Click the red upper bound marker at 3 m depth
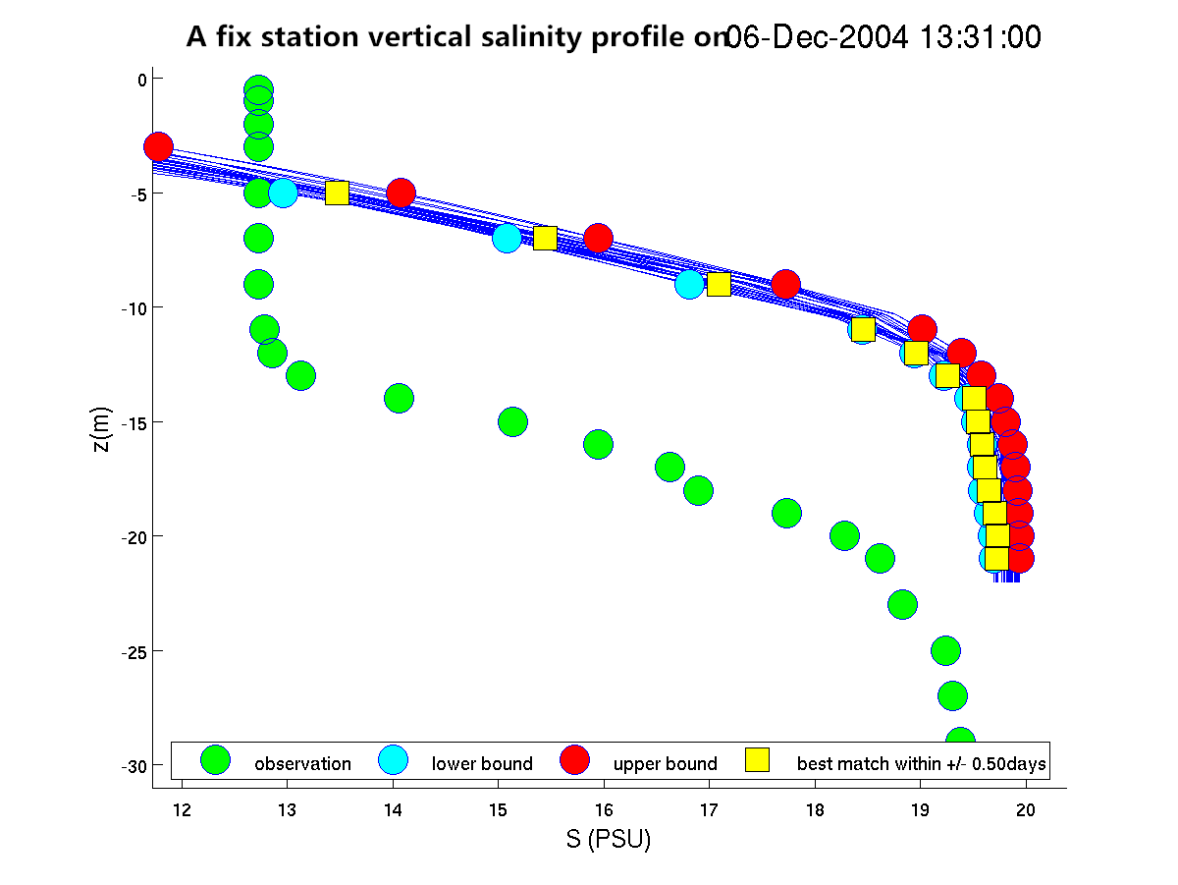click(x=158, y=147)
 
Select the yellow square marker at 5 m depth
click(x=337, y=193)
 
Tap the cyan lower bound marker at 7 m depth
click(x=507, y=238)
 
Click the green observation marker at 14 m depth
click(x=399, y=398)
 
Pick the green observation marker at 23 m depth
click(x=902, y=604)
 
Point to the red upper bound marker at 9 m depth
click(x=785, y=285)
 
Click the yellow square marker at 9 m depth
click(x=719, y=285)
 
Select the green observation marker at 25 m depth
click(x=945, y=650)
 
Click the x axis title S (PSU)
click(x=609, y=840)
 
